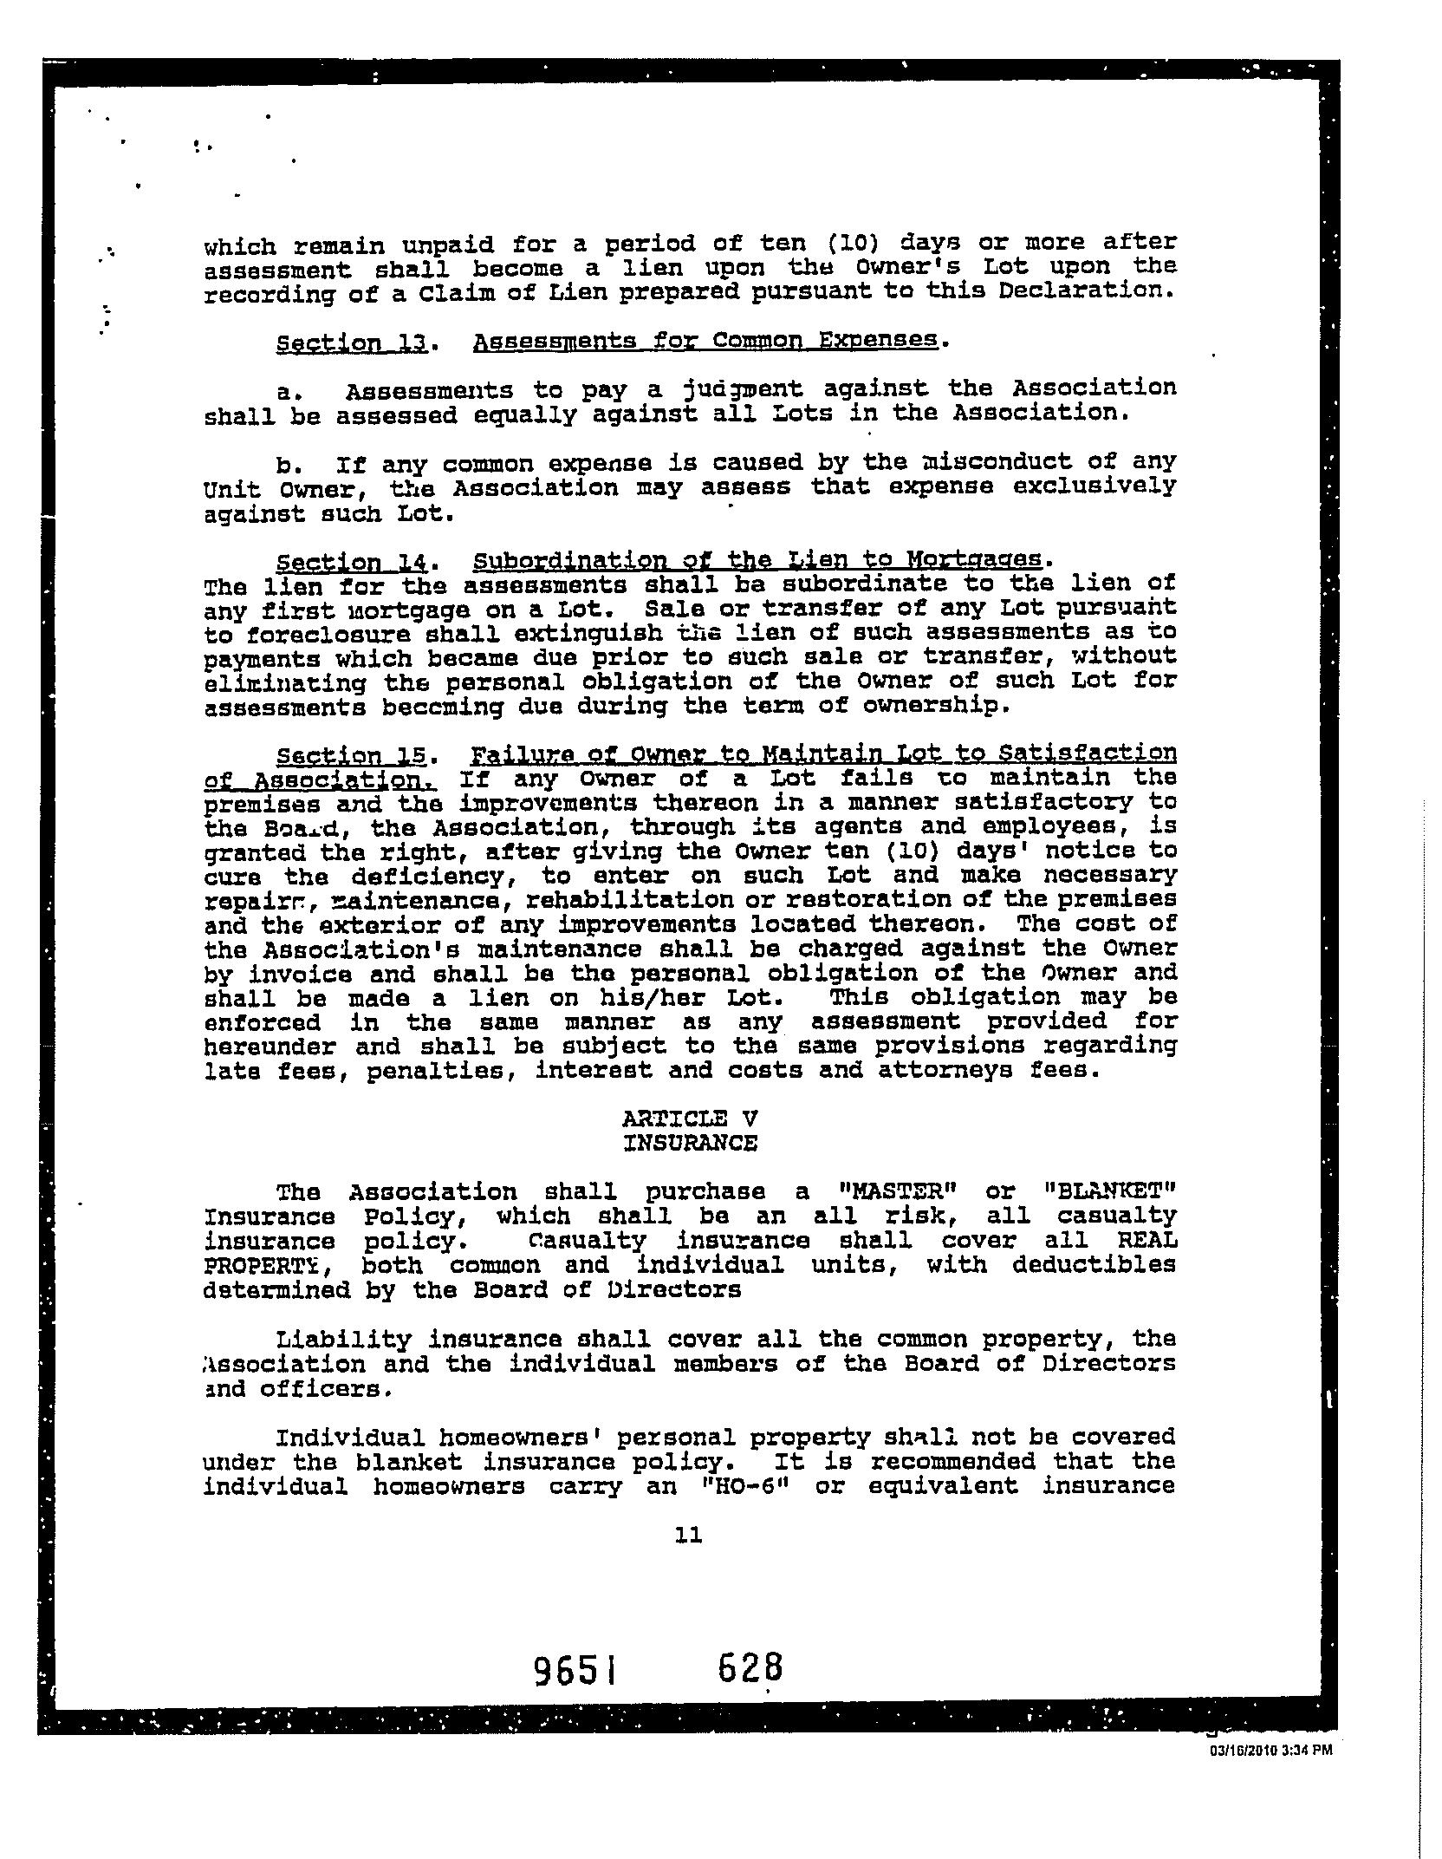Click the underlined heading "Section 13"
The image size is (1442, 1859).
351,342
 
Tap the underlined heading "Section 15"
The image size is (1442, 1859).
351,755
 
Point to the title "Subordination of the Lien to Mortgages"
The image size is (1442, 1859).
760,559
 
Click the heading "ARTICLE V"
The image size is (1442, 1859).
690,1119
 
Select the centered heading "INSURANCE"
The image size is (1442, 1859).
690,1143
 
